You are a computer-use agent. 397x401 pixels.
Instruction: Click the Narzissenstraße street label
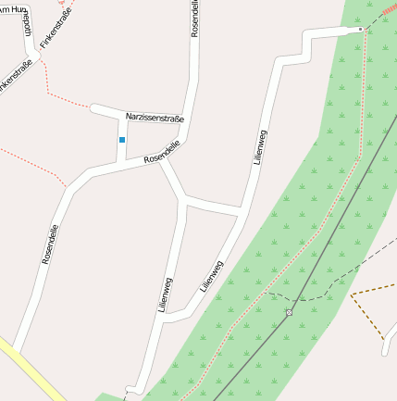tap(155, 119)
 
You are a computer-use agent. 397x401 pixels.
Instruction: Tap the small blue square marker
tap(121, 140)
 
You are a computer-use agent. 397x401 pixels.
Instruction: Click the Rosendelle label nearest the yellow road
tap(51, 244)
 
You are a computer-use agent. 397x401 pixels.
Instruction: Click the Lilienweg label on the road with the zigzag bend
tap(259, 147)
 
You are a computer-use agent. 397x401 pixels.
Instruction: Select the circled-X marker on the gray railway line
tap(289, 312)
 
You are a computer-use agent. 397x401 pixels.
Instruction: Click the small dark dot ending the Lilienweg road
tap(362, 30)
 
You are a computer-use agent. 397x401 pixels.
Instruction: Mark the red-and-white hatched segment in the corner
tap(389, 8)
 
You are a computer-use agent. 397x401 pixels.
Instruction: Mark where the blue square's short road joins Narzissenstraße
tap(127, 116)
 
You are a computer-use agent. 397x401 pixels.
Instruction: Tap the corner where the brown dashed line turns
tap(352, 295)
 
